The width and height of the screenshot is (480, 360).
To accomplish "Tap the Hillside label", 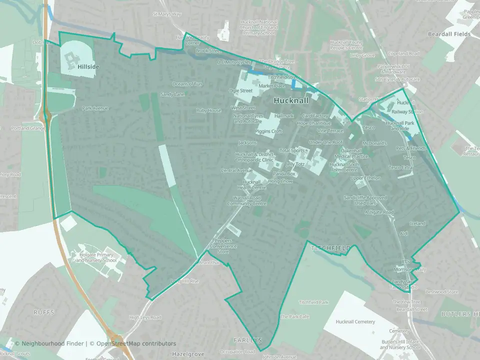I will click(x=88, y=66).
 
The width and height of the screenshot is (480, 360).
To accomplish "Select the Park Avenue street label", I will click(x=95, y=108).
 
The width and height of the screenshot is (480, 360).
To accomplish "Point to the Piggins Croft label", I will click(x=268, y=131).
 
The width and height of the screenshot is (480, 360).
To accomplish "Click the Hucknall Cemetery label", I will click(x=355, y=321).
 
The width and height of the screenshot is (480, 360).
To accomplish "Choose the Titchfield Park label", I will click(x=313, y=302).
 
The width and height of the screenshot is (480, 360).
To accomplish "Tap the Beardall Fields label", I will click(x=449, y=34).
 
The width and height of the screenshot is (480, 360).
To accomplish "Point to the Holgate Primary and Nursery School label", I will click(x=97, y=257).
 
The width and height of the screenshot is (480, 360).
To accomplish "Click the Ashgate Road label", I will click(x=379, y=212).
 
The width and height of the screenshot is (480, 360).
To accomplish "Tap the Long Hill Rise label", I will click(x=184, y=281).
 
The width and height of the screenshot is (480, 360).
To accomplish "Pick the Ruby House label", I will click(x=208, y=110).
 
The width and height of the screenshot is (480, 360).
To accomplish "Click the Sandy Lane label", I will click(x=172, y=94).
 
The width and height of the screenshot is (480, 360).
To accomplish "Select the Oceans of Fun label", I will click(x=187, y=84).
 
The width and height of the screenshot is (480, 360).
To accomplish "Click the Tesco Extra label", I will click(x=401, y=167).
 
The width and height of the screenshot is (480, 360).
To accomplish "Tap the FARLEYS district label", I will click(x=247, y=340).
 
